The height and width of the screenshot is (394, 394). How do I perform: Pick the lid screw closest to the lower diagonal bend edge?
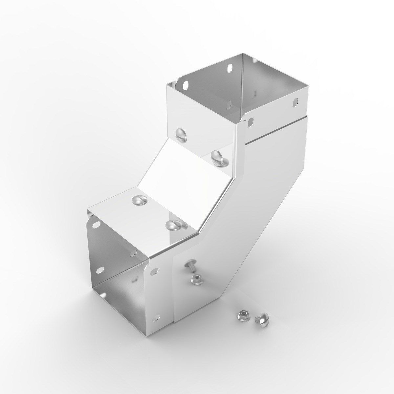tap(173, 226)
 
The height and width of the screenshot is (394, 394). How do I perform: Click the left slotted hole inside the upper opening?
tap(186, 84)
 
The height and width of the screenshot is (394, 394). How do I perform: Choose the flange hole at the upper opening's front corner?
tap(251, 121)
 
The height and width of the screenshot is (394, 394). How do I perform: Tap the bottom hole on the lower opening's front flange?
tap(157, 317)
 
